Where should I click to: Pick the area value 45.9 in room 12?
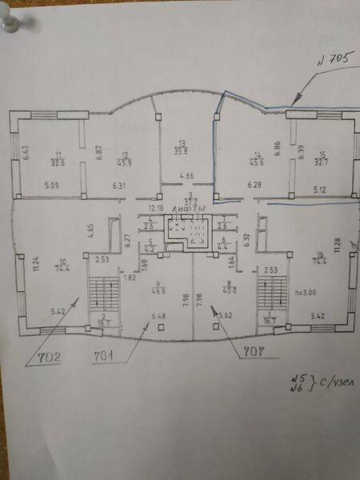tap(124, 164)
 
